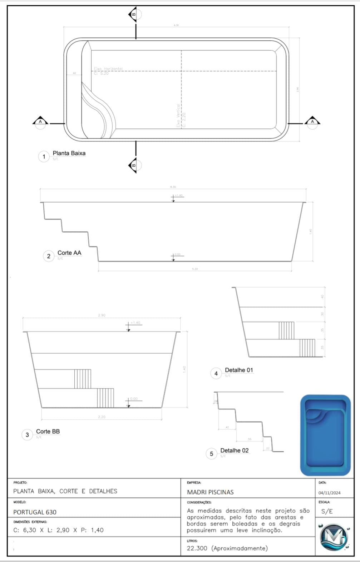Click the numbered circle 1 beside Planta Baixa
click(44, 156)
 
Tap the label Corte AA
click(69, 253)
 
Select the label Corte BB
click(48, 432)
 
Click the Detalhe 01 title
click(239, 370)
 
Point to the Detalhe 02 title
click(234, 451)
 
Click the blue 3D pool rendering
click(325, 435)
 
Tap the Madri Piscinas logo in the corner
click(334, 537)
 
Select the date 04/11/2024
click(329, 493)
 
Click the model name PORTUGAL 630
click(35, 512)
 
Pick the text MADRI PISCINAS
click(210, 492)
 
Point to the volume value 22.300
click(197, 548)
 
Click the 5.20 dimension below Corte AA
click(195, 269)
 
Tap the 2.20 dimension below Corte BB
click(102, 417)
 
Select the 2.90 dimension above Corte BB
click(102, 315)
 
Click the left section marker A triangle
click(40, 121)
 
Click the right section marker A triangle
click(312, 121)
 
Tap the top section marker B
click(133, 14)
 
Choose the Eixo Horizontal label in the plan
click(108, 69)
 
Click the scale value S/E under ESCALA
click(327, 511)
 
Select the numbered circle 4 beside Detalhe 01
click(216, 373)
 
